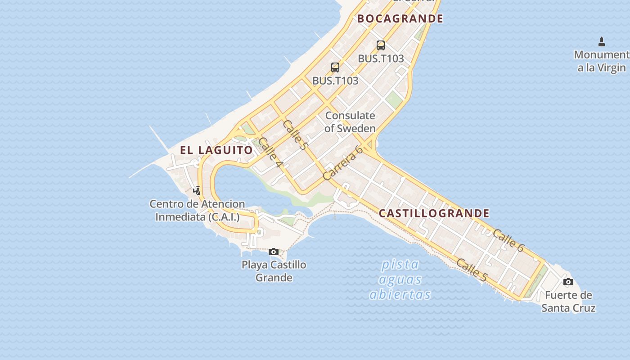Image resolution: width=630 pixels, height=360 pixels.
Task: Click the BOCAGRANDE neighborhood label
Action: pos(400,18)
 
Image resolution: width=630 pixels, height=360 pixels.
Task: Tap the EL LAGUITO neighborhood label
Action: pos(216,150)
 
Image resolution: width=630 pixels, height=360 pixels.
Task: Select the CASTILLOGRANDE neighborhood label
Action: pos(434,213)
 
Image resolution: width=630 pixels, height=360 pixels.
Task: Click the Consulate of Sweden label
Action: pos(350,122)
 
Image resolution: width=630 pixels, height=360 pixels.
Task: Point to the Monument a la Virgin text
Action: pos(602,61)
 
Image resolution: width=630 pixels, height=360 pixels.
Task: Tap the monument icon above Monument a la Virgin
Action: pos(602,42)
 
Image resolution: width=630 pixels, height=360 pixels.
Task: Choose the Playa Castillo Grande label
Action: pos(274,271)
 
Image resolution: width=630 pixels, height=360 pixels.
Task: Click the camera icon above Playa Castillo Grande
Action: pos(274,252)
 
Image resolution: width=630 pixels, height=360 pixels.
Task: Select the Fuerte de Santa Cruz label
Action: pos(568,301)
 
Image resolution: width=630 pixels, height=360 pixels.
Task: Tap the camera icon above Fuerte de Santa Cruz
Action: pos(568,282)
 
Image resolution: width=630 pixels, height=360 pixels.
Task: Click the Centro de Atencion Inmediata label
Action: pos(197,210)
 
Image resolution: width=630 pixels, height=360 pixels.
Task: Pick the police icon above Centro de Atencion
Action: pos(197,190)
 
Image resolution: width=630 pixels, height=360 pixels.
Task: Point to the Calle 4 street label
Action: pos(270,153)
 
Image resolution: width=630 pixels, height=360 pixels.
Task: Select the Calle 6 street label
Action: pos(508,240)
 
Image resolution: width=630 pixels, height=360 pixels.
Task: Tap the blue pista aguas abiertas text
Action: pos(400,279)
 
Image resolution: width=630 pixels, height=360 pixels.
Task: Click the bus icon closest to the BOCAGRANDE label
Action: pos(381,45)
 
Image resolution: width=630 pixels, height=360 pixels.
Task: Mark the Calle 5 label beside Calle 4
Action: pos(295,135)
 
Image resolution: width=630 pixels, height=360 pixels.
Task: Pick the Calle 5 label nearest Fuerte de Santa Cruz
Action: pos(471,270)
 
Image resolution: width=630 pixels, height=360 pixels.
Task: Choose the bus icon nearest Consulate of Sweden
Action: pos(335,67)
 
